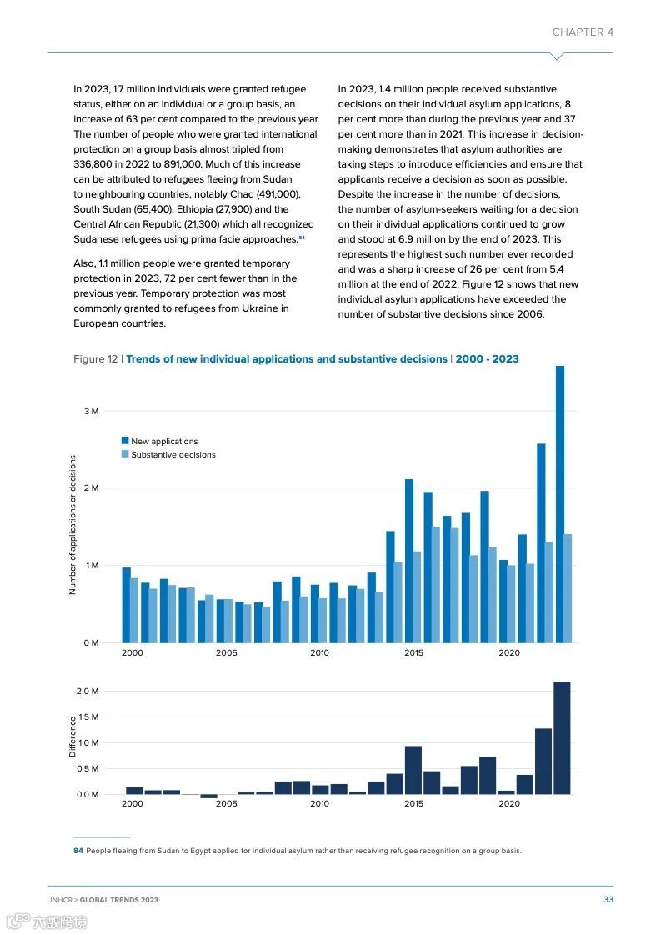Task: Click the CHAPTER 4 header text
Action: (583, 32)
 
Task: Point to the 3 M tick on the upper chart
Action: (91, 412)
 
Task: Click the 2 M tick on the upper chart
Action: (91, 488)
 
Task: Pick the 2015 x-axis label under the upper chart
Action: (413, 653)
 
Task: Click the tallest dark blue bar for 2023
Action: (560, 504)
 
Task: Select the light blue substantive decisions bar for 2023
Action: (568, 588)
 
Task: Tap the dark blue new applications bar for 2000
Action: (127, 605)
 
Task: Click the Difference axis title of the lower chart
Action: (73, 737)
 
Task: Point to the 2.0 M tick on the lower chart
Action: (88, 692)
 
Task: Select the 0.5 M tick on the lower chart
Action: (88, 768)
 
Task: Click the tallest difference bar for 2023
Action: (562, 738)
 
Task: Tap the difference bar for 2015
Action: (413, 770)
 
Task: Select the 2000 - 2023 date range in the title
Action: (487, 359)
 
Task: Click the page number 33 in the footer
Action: (608, 900)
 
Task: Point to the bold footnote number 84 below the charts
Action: (78, 851)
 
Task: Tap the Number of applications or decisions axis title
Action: (73, 525)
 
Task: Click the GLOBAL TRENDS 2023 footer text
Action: (119, 900)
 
